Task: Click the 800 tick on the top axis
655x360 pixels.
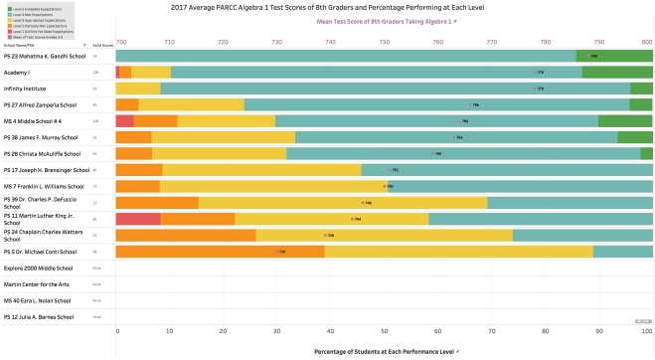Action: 647,42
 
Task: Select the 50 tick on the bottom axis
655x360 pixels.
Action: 385,331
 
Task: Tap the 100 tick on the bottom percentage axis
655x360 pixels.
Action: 647,331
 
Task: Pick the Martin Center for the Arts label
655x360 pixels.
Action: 35,283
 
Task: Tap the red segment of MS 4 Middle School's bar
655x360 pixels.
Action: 125,120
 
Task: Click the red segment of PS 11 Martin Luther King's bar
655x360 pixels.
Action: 138,219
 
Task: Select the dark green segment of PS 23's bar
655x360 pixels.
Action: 614,57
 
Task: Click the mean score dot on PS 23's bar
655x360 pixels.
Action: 587,57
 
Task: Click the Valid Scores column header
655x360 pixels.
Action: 101,45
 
